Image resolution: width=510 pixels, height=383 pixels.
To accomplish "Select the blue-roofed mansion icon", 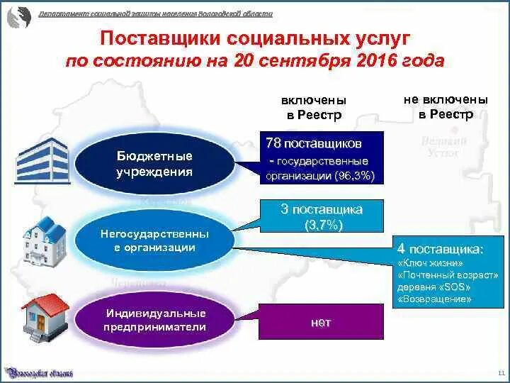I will pyautogui.click(x=44, y=238).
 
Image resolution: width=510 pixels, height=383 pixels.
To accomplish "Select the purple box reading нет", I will pyautogui.click(x=321, y=321).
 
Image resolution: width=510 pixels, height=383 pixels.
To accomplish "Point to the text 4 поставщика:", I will pyautogui.click(x=441, y=249).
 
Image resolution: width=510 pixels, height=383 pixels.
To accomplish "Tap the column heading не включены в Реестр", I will pyautogui.click(x=445, y=106).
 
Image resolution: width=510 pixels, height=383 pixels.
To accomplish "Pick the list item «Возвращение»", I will pyautogui.click(x=435, y=299).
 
